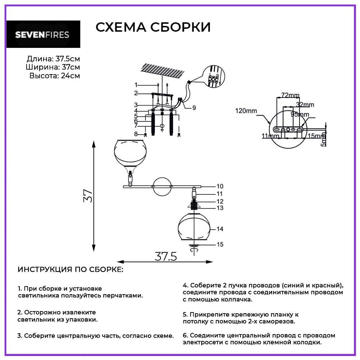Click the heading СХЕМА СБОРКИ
(153, 27)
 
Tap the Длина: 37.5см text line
(53, 59)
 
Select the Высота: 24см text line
(54, 76)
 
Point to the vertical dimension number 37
(88, 196)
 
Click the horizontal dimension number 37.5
(166, 256)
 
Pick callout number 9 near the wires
(194, 107)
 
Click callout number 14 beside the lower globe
(220, 229)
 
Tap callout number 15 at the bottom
(220, 244)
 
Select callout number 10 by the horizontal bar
(220, 186)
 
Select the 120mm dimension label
(246, 111)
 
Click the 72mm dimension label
(290, 95)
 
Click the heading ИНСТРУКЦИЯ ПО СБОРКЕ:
(70, 270)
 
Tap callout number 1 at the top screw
(136, 85)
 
